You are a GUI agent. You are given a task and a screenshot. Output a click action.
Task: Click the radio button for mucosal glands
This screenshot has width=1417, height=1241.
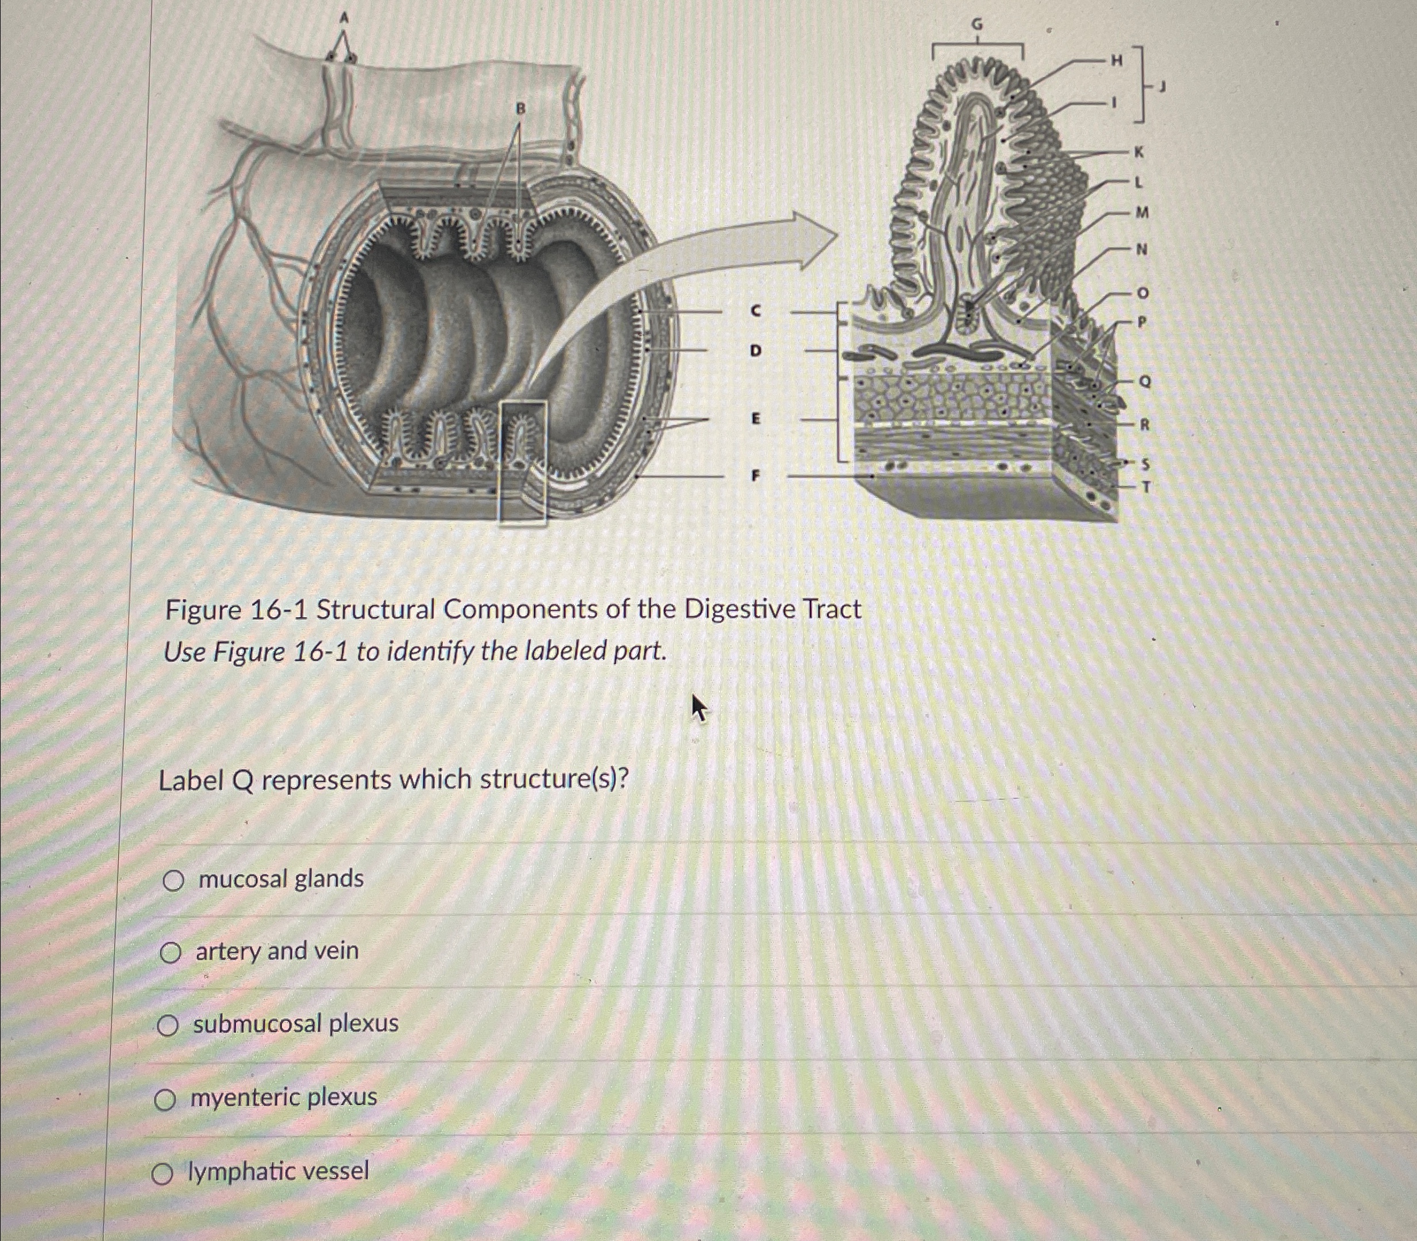[x=173, y=880]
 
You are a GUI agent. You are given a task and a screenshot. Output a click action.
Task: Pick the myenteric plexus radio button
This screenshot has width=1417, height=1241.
[x=165, y=1099]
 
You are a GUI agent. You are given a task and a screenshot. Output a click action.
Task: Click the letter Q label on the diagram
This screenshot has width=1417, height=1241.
[x=1144, y=381]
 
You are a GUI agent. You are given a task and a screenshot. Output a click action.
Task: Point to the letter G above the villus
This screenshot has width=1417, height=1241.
[x=976, y=25]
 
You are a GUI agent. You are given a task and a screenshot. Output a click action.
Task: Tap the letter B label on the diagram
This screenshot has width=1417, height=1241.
[x=521, y=108]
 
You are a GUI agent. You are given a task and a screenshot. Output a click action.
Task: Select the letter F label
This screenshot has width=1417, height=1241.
[x=755, y=475]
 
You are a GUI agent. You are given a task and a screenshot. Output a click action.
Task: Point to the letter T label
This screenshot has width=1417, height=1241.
[x=1145, y=488]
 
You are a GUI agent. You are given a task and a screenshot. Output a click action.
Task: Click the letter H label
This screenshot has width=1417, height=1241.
[x=1115, y=61]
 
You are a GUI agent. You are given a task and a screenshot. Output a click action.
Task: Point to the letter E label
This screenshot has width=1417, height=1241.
[x=755, y=418]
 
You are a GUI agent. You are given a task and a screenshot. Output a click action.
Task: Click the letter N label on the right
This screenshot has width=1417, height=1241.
[x=1141, y=249]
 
